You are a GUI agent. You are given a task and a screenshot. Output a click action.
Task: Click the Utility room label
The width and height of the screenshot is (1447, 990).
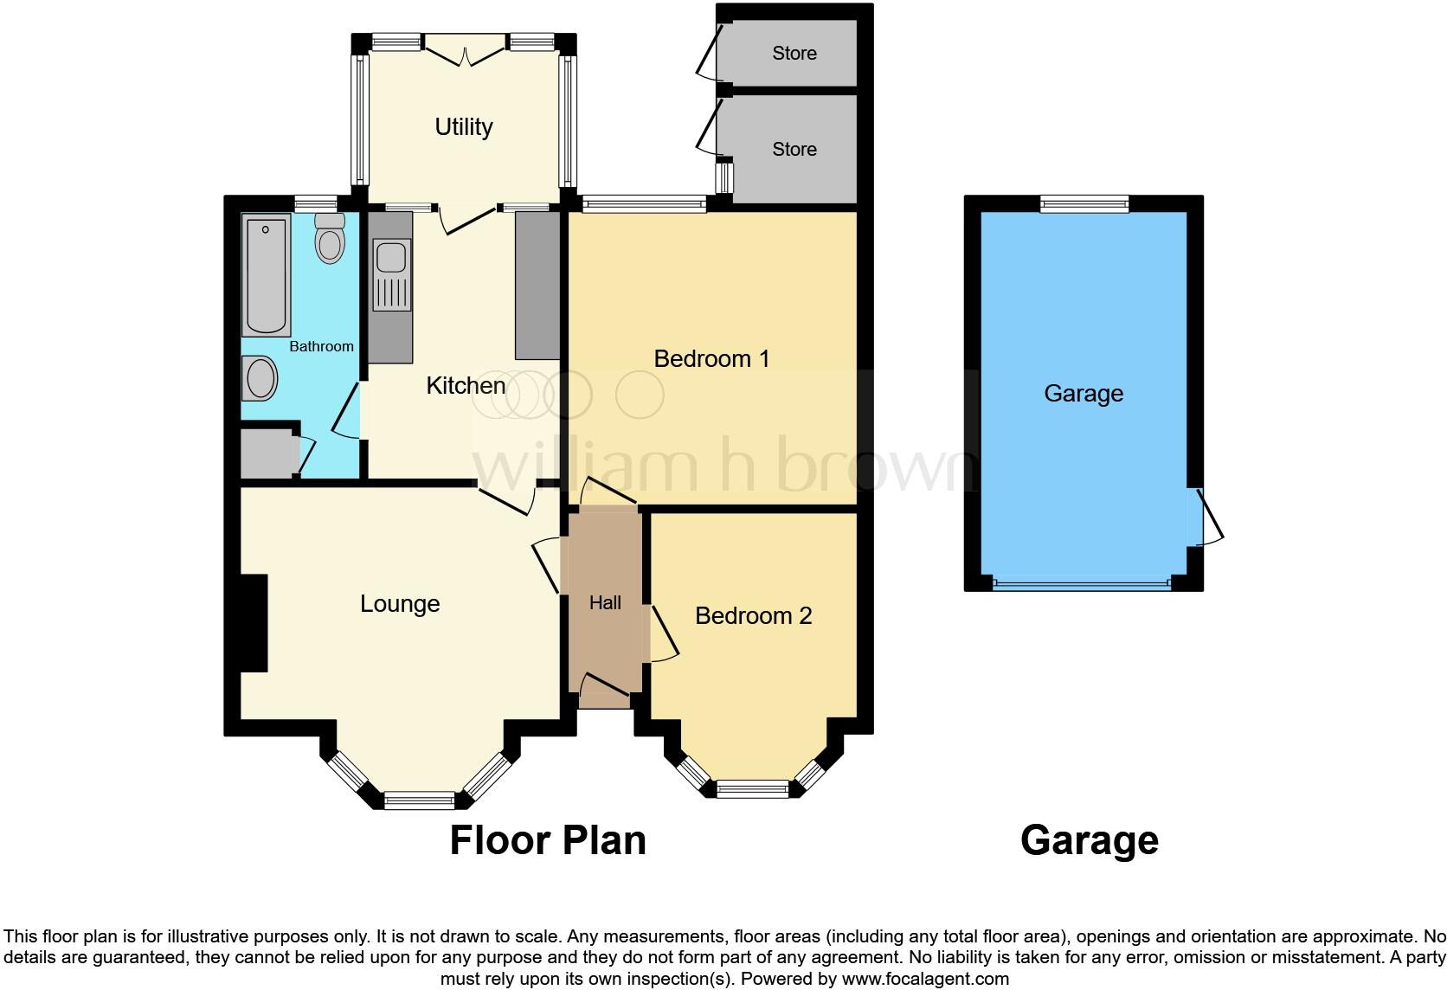[464, 127]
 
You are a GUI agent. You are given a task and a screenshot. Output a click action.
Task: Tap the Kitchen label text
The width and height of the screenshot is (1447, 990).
[466, 385]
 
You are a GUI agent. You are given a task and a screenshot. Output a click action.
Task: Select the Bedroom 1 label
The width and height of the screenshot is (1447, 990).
[711, 358]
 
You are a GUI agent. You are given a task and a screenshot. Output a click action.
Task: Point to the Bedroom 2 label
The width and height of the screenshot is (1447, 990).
[753, 615]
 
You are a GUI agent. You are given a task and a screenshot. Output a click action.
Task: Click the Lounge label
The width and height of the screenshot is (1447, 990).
[400, 603]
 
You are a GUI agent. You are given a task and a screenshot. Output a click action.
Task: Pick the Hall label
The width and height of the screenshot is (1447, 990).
[605, 603]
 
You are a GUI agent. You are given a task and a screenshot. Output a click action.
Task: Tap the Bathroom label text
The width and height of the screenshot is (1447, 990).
[321, 346]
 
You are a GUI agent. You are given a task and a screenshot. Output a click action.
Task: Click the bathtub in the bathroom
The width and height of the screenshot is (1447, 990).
[266, 276]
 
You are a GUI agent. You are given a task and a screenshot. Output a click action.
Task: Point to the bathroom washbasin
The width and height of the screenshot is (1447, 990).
[260, 379]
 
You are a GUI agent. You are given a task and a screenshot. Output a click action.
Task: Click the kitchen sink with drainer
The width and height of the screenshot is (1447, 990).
[391, 274]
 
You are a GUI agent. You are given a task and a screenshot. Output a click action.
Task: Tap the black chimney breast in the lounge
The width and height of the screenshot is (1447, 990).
[253, 622]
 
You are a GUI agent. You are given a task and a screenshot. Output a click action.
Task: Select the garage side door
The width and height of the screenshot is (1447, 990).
[1208, 517]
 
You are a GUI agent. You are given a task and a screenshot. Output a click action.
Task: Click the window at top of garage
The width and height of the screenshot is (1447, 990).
[1084, 204]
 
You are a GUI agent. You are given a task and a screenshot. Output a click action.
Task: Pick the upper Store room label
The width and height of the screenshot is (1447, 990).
[794, 54]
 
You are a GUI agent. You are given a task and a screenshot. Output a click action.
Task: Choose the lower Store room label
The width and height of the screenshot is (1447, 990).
[794, 150]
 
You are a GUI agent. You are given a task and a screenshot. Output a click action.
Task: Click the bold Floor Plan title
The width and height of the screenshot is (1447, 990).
[548, 840]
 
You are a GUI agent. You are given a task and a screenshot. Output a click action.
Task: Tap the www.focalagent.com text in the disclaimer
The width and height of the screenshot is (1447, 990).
[925, 979]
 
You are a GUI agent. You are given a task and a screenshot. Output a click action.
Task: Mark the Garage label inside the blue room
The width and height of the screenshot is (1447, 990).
[1084, 394]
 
